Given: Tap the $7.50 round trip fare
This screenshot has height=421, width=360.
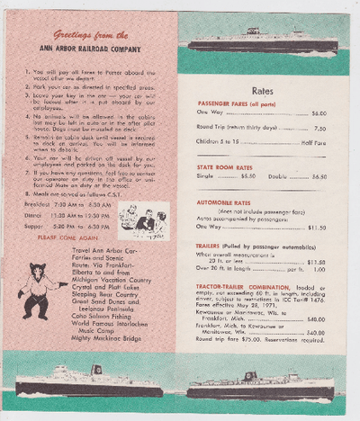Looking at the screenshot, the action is point(319,129).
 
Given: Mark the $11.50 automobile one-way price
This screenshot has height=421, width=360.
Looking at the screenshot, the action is point(316,228).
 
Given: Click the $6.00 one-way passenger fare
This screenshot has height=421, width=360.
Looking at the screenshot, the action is point(319,113).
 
